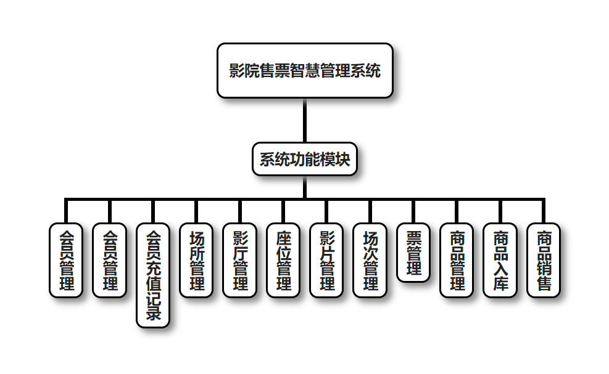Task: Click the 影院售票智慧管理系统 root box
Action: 305,70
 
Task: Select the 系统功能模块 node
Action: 305,160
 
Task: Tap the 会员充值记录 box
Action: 153,275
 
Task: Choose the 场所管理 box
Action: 196,260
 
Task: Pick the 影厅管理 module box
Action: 240,260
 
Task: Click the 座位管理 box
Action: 283,260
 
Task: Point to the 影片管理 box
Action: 326,260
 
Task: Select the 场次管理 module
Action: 370,260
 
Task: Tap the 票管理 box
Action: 413,253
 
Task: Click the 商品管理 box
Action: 457,260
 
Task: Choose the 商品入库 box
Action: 500,260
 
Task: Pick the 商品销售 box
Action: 544,260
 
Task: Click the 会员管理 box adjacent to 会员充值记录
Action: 110,260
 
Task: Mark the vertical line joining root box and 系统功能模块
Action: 305,120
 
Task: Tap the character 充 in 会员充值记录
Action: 153,267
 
